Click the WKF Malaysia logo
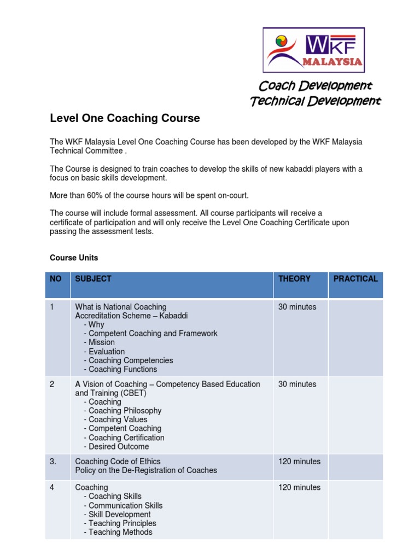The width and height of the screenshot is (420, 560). [x=314, y=50]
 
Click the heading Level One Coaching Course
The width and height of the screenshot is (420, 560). [x=125, y=118]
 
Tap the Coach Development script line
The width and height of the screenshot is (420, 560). [x=315, y=86]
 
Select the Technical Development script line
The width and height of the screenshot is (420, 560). [x=315, y=101]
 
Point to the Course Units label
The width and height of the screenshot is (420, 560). [x=74, y=258]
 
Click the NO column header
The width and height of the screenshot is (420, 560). [x=56, y=279]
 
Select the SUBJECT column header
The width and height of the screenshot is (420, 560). [x=93, y=279]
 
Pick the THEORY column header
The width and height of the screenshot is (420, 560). [x=294, y=279]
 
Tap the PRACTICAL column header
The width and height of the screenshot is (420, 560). [x=355, y=279]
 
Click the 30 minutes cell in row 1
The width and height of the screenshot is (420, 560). [x=297, y=307]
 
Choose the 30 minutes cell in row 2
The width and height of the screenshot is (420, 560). [x=297, y=384]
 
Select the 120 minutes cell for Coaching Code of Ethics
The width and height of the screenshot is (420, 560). [x=299, y=462]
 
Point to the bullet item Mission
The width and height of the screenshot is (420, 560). [x=101, y=342]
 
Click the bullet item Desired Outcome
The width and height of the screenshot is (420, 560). [x=118, y=447]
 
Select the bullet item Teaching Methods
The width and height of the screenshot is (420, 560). [x=120, y=532]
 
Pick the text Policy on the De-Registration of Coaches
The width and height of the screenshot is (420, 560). [x=146, y=470]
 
